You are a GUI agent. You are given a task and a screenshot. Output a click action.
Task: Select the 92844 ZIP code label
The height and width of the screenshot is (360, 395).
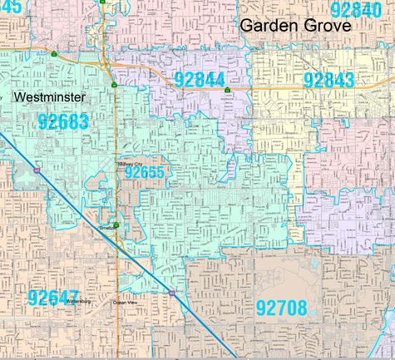click(200, 80)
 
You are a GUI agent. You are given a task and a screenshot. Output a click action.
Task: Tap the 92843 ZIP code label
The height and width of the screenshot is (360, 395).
click(329, 80)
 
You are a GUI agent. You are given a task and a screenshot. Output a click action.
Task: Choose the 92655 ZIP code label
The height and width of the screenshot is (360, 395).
click(146, 174)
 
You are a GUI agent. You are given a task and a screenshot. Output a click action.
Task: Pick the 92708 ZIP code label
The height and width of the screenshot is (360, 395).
click(282, 306)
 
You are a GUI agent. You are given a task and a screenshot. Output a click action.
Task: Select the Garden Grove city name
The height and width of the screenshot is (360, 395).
click(296, 26)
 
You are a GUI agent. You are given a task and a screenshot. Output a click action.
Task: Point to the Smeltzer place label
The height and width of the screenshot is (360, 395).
click(107, 225)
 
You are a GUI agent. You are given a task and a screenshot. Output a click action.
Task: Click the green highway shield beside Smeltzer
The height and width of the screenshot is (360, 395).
click(117, 224)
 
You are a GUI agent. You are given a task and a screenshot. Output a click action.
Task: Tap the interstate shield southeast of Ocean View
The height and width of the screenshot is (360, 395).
click(172, 293)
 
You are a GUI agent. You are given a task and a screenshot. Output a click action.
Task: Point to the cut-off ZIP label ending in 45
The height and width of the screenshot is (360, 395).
click(10, 7)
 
